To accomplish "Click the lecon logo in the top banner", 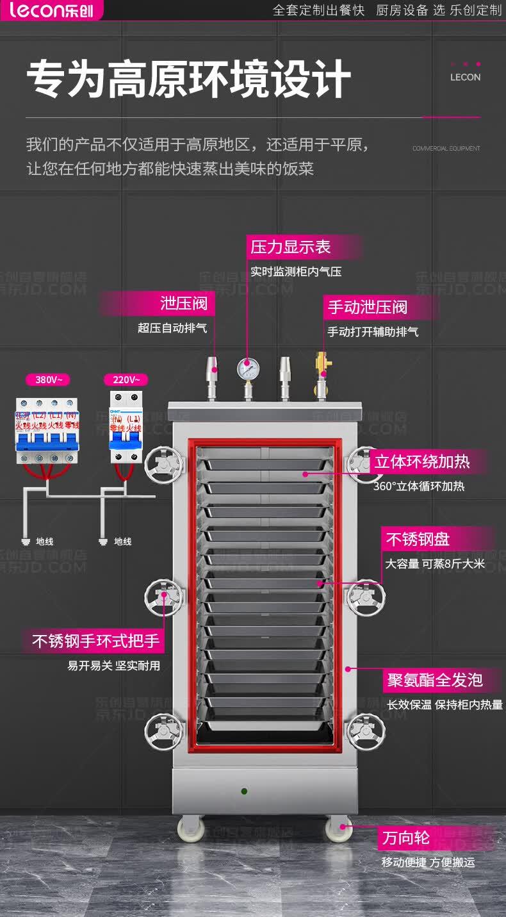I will pos(51,10).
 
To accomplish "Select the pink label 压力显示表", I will pos(291,247).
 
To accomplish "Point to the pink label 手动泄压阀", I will pos(368,307).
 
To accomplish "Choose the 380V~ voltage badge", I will pos(48,379).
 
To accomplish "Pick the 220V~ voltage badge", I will pos(126,379).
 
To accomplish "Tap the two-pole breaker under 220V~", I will pos(125,428).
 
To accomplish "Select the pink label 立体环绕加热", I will pos(422,461).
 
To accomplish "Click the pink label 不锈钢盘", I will pos(417,540).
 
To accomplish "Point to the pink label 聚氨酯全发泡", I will pos(434,680).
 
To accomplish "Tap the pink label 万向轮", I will pos(406,838).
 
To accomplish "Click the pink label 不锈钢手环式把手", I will pos(95,641).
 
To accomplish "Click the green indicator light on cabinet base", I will pos(244,791).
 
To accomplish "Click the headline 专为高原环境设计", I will pos(188,80).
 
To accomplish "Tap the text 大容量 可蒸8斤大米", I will pos(435,564).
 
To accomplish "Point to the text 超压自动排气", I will pos(172,328).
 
